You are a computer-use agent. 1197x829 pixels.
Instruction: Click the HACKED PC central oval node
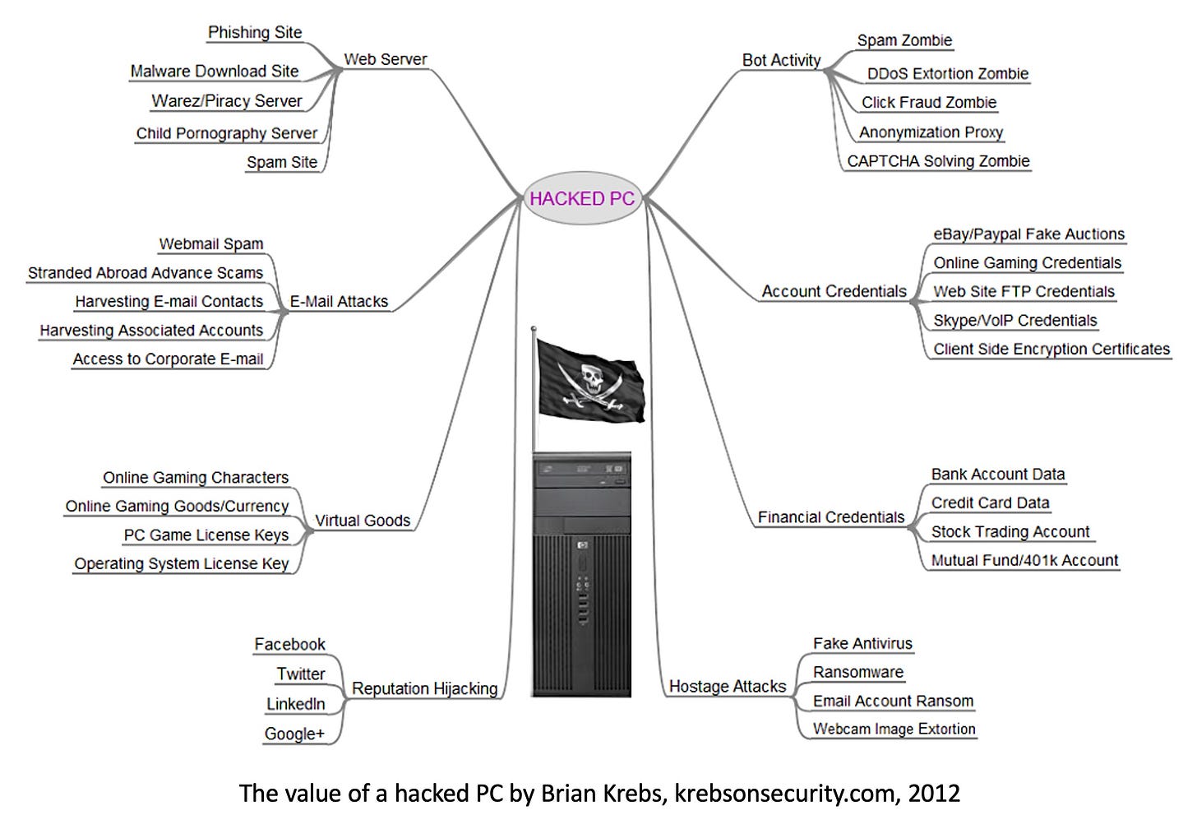pyautogui.click(x=582, y=198)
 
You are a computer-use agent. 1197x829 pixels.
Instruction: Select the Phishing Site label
pyautogui.click(x=255, y=33)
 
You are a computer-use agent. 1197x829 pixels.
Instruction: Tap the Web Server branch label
pyautogui.click(x=385, y=59)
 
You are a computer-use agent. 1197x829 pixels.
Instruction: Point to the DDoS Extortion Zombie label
pyautogui.click(x=947, y=73)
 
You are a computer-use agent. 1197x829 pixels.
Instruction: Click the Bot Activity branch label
pyautogui.click(x=781, y=60)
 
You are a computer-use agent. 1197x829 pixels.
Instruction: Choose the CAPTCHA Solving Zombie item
pyautogui.click(x=938, y=161)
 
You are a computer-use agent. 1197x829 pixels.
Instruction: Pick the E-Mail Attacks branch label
pyautogui.click(x=339, y=302)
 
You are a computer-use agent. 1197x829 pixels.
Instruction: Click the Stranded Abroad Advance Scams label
pyautogui.click(x=146, y=273)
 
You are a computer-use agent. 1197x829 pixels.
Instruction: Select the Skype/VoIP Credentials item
pyautogui.click(x=1015, y=321)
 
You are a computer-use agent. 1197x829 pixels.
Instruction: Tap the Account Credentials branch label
pyautogui.click(x=834, y=291)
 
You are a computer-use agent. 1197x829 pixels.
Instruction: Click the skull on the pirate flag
pyautogui.click(x=591, y=376)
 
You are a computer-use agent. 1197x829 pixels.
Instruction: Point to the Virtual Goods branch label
pyautogui.click(x=363, y=521)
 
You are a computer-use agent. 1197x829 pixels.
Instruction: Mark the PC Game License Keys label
pyautogui.click(x=206, y=535)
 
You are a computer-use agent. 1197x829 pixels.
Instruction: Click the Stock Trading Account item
pyautogui.click(x=1010, y=532)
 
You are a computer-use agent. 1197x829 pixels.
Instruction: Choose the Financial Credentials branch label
pyautogui.click(x=830, y=517)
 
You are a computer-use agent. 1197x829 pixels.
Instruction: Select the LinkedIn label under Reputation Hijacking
pyautogui.click(x=296, y=704)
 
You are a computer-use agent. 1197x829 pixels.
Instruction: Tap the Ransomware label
pyautogui.click(x=858, y=673)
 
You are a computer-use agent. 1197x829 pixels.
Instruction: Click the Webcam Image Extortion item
pyautogui.click(x=894, y=729)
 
